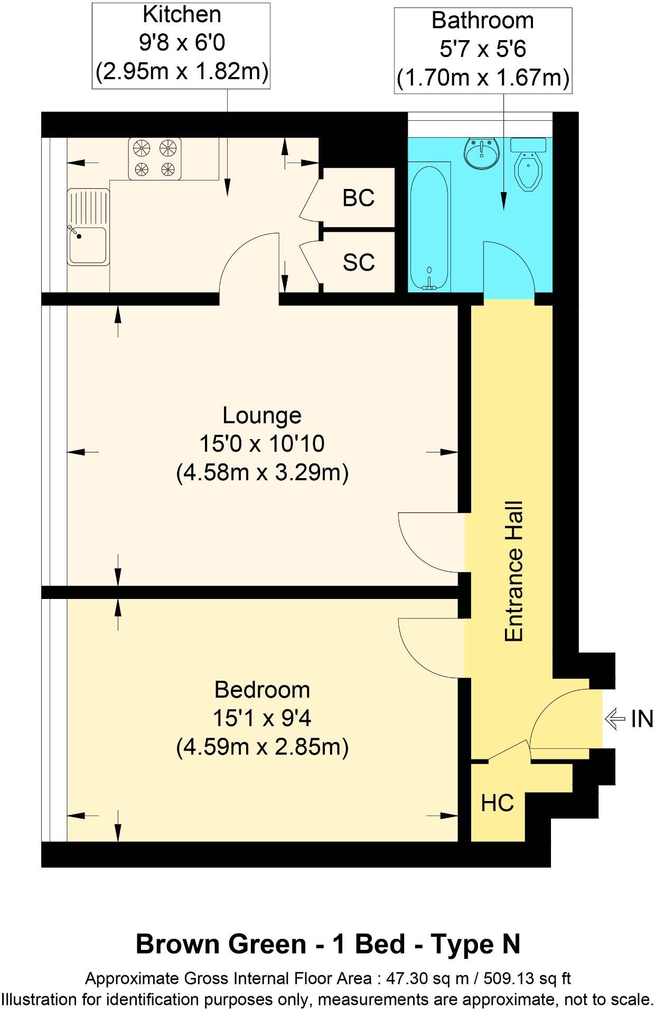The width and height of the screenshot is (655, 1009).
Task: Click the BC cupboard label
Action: (359, 198)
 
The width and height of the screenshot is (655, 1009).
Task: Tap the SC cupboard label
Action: (359, 262)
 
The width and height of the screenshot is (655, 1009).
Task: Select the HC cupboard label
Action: (497, 803)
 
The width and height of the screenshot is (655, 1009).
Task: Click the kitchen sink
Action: (88, 227)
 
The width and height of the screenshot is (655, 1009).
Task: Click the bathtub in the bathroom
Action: (429, 227)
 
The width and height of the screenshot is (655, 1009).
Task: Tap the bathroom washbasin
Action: (481, 153)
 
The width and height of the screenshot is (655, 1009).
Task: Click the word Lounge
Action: (262, 415)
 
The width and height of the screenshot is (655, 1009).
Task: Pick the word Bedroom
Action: (262, 690)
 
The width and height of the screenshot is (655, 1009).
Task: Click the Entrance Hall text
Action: (514, 571)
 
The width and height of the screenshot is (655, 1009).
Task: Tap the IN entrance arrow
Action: (615, 719)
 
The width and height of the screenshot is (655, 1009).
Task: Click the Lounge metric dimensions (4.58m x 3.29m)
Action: (262, 473)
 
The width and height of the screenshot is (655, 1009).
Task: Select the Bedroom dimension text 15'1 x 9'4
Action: (262, 718)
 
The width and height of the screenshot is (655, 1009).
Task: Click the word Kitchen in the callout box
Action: (182, 15)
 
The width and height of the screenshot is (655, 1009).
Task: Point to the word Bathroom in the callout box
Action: (483, 21)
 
